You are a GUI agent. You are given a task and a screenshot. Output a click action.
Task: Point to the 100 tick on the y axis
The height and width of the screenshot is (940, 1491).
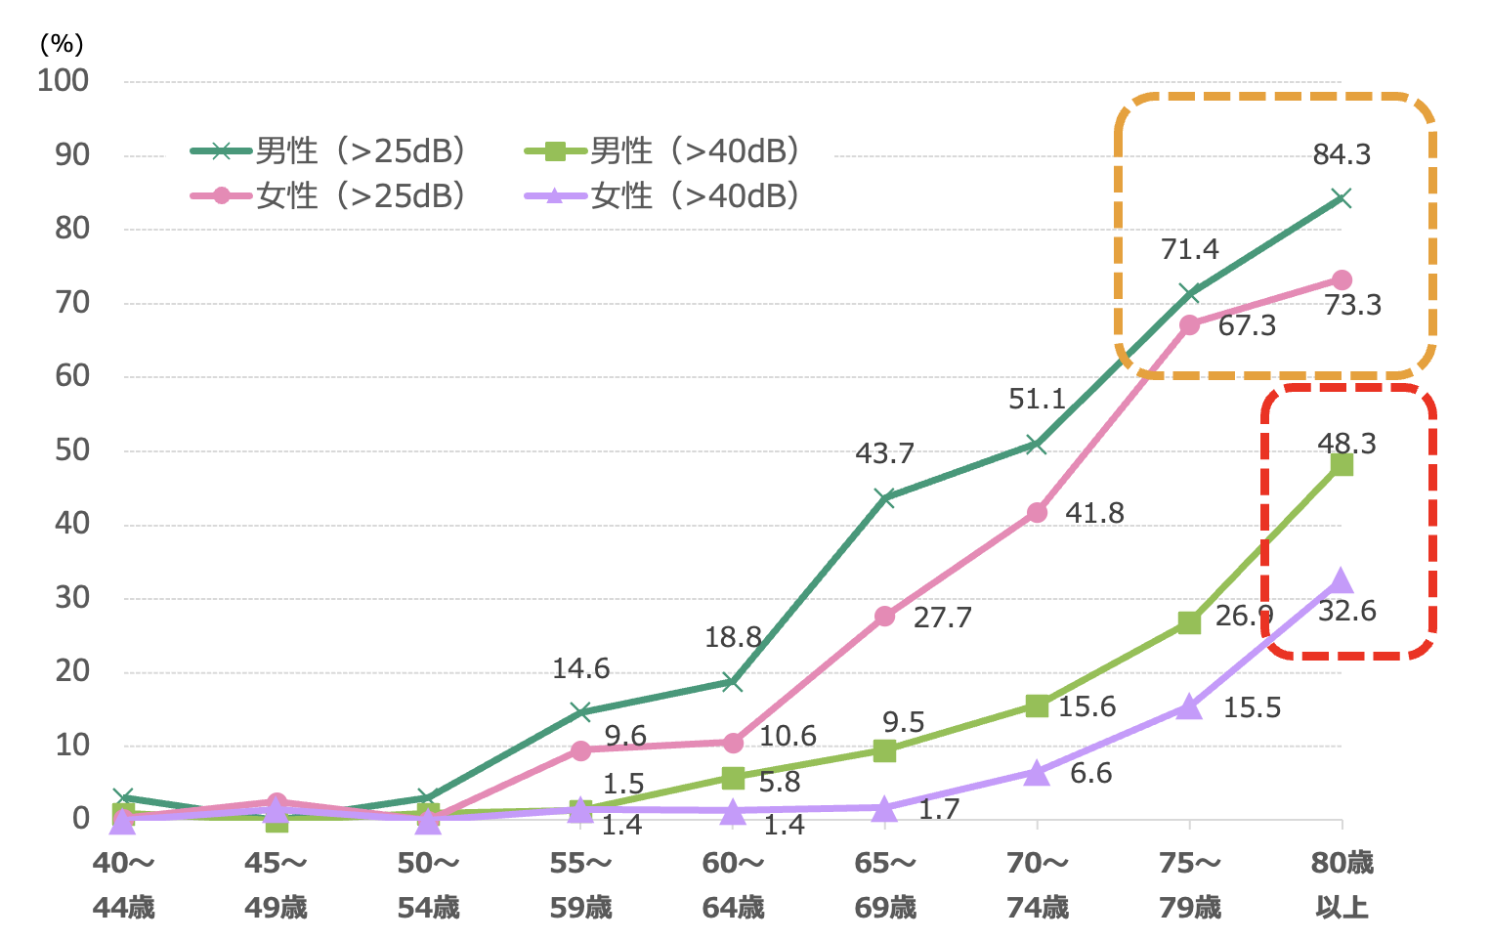pos(64,81)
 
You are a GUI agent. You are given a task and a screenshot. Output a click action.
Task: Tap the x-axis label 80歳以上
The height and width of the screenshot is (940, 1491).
pos(1342,885)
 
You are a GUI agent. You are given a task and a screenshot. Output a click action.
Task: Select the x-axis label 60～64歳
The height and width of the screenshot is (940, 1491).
pos(733,885)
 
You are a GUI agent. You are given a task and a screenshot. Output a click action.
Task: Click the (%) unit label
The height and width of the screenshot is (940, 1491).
pos(62,44)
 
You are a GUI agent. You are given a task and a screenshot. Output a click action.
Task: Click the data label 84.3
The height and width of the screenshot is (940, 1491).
pos(1342,154)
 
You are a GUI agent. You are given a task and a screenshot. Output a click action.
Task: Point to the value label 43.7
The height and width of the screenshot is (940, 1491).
pos(884,453)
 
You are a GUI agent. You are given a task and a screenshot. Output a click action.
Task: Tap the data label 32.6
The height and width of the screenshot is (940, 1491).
pos(1347,612)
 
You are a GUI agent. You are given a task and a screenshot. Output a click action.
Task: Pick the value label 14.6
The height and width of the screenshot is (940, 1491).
pos(580,669)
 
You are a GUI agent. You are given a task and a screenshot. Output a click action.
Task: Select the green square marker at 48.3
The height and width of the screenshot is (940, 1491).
pos(1342,464)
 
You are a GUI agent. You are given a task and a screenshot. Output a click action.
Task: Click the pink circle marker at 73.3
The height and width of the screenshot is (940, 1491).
pos(1342,280)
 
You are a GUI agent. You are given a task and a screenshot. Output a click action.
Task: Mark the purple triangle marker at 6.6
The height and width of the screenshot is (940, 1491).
pos(1037,773)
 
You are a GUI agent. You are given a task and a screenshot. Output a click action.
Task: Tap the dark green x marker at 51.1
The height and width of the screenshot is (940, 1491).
pos(1037,445)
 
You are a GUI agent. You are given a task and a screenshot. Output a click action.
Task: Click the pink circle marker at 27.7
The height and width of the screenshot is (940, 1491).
pos(885,617)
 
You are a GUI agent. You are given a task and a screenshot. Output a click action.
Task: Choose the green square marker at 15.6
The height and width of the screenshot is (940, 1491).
pos(1037,705)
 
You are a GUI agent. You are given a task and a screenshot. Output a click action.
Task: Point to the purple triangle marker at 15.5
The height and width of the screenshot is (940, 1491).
pos(1189,706)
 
